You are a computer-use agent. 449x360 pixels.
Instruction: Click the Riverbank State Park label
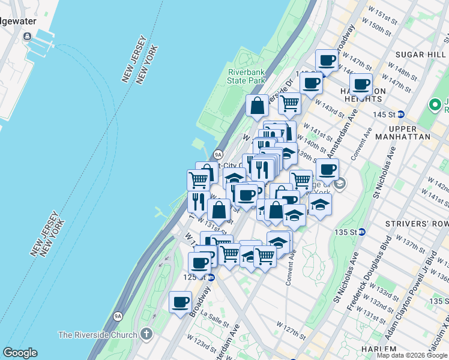click(246, 76)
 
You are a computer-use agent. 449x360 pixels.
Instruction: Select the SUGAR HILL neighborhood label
click(413, 53)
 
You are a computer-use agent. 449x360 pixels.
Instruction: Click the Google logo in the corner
click(20, 353)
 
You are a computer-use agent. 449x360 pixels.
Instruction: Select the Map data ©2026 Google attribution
click(411, 355)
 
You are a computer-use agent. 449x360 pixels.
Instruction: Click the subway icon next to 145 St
click(402, 114)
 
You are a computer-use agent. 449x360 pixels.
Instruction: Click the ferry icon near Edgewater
click(28, 37)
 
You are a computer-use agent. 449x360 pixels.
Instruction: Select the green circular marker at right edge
click(435, 105)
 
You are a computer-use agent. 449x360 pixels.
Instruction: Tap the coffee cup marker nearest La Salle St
click(179, 302)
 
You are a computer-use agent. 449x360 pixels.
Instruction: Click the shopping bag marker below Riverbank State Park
click(257, 106)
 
